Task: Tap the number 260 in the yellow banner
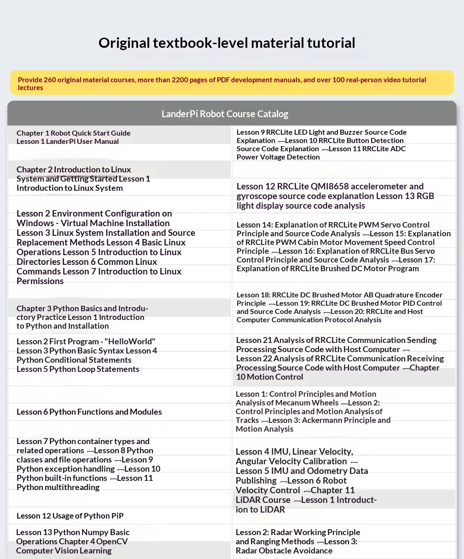pos(50,80)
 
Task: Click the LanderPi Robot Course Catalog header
pos(225,114)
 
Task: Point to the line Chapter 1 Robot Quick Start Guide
pos(74,133)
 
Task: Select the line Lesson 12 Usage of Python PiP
pos(70,516)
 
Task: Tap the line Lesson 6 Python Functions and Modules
pos(89,412)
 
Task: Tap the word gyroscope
pos(256,196)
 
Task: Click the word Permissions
pos(40,281)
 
